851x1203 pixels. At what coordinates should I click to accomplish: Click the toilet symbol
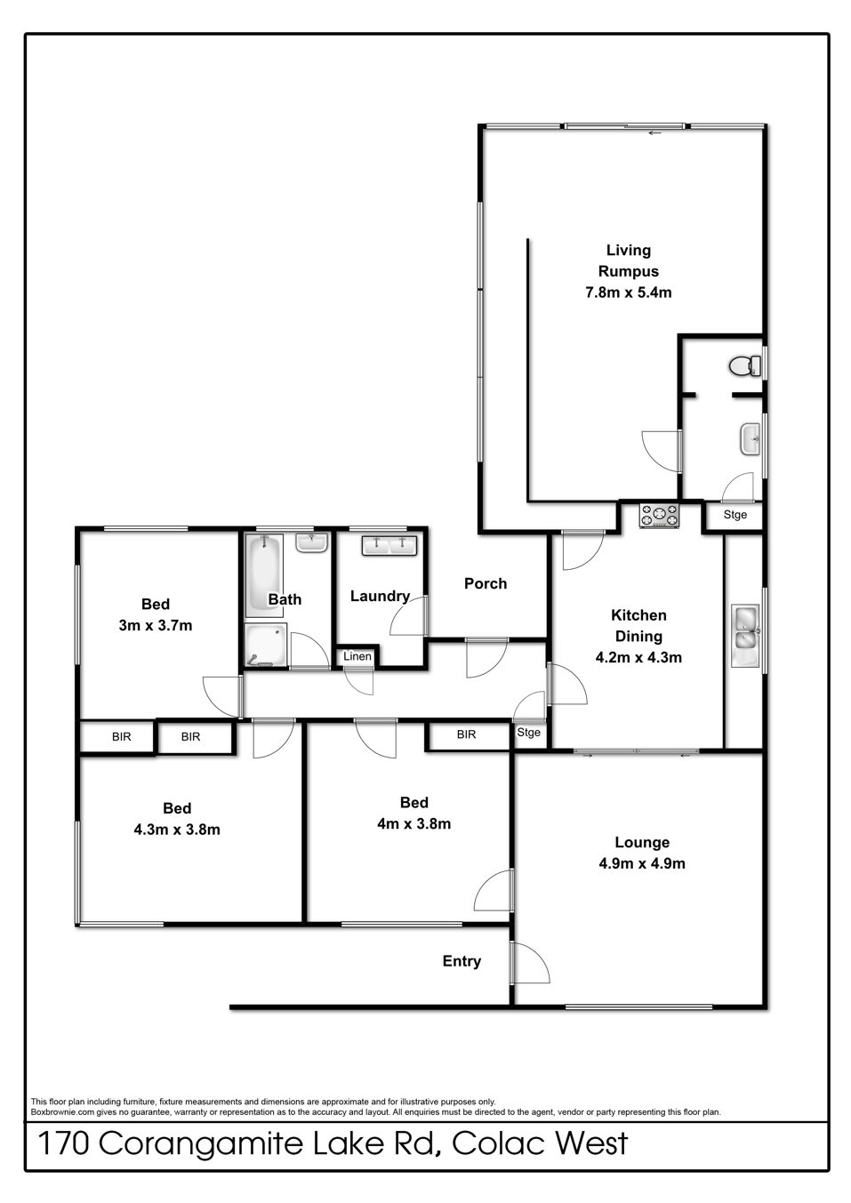pyautogui.click(x=744, y=365)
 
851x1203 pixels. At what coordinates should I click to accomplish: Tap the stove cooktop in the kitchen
pyautogui.click(x=659, y=516)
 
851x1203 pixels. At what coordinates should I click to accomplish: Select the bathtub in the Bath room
pyautogui.click(x=264, y=575)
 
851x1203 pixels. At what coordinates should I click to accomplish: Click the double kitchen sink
pyautogui.click(x=744, y=636)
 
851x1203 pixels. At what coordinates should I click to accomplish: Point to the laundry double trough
pyautogui.click(x=389, y=546)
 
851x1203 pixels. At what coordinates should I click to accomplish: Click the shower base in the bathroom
pyautogui.click(x=265, y=645)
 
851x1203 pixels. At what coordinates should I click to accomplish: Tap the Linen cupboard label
pyautogui.click(x=357, y=656)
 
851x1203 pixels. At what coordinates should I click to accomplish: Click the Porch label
pyautogui.click(x=486, y=584)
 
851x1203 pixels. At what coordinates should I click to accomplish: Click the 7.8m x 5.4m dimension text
pyautogui.click(x=628, y=293)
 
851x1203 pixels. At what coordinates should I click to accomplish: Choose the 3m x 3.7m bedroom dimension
pyautogui.click(x=156, y=625)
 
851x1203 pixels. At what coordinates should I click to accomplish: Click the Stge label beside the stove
pyautogui.click(x=735, y=515)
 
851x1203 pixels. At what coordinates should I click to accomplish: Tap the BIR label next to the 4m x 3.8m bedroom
pyautogui.click(x=466, y=734)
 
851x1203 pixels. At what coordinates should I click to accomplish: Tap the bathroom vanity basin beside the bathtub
pyautogui.click(x=311, y=543)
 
